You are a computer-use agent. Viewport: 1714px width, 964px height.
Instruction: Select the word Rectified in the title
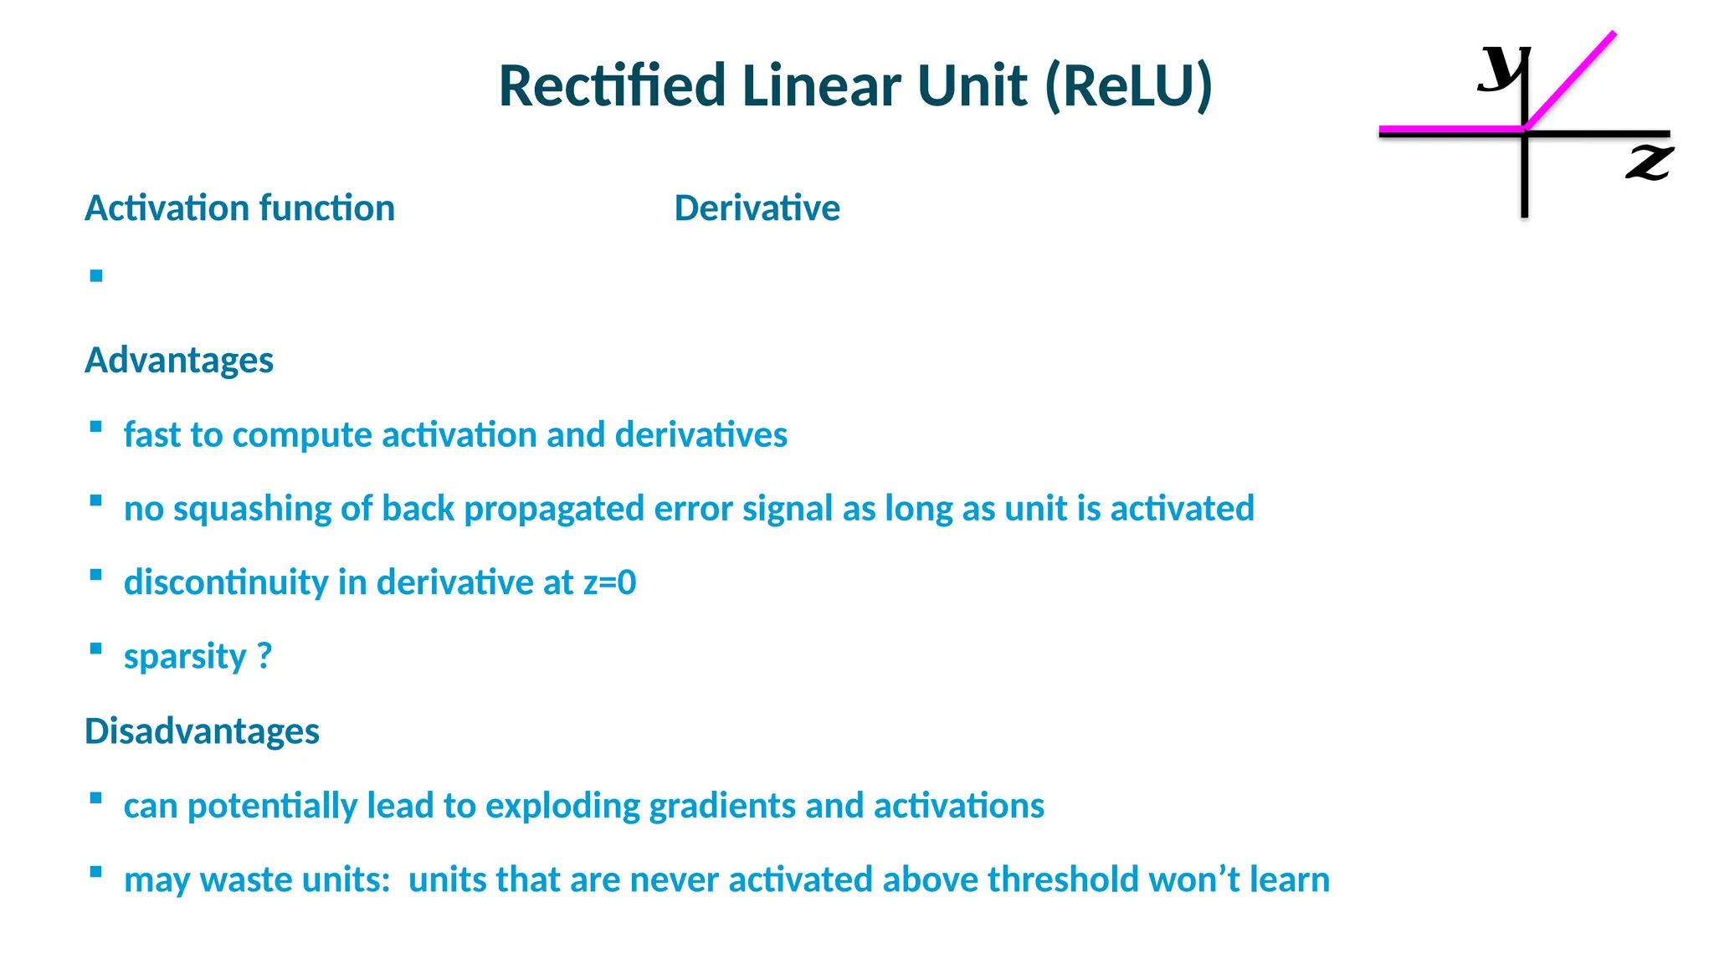[x=612, y=86]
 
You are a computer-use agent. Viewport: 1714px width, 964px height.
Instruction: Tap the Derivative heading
[x=757, y=208]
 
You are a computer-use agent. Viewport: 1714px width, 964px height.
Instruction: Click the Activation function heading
[x=239, y=208]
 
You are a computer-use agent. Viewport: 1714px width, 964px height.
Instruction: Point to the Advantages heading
[x=179, y=361]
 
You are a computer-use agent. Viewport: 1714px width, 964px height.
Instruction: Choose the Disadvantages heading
[x=202, y=731]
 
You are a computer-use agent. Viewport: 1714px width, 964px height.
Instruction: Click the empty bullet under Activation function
[x=96, y=275]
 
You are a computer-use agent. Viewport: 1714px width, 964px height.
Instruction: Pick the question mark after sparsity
[x=264, y=656]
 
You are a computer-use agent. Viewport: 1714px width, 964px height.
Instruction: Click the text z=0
[x=609, y=582]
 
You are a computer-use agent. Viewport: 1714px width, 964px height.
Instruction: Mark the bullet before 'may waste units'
[x=96, y=871]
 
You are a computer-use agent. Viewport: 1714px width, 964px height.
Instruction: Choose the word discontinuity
[x=225, y=582]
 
